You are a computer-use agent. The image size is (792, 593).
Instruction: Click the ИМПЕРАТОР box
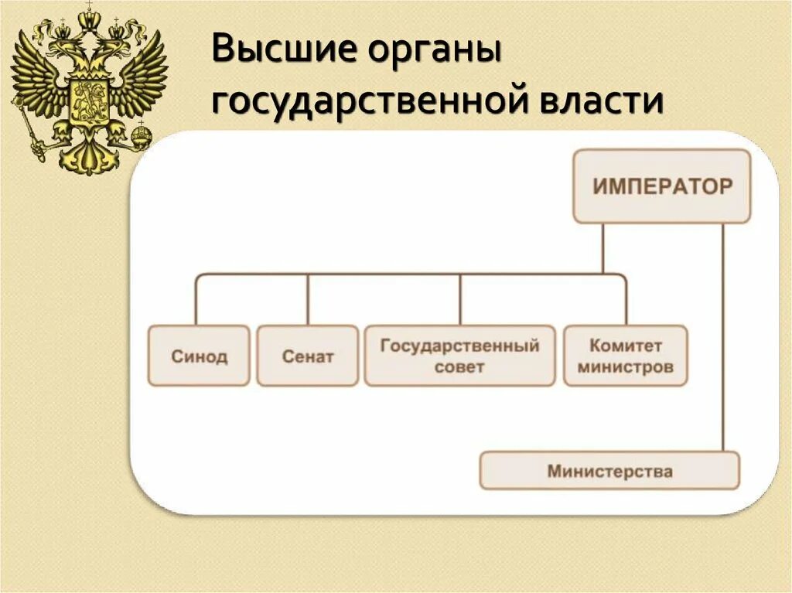[661, 186]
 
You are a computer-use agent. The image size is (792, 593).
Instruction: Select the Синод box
[199, 356]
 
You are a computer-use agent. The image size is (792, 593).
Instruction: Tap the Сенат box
[307, 356]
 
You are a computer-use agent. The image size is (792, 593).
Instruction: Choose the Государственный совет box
[459, 356]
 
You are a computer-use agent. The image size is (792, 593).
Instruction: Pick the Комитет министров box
[626, 356]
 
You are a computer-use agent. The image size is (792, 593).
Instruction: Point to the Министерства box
[609, 470]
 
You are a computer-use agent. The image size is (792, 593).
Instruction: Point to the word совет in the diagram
[459, 366]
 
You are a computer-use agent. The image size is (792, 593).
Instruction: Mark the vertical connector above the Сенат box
[308, 299]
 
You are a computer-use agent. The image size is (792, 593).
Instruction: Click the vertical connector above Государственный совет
[460, 299]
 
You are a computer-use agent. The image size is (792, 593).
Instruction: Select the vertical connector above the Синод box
[196, 299]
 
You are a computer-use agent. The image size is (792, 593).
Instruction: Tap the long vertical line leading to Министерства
[723, 336]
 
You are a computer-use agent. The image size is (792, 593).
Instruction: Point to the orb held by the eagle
[142, 138]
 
